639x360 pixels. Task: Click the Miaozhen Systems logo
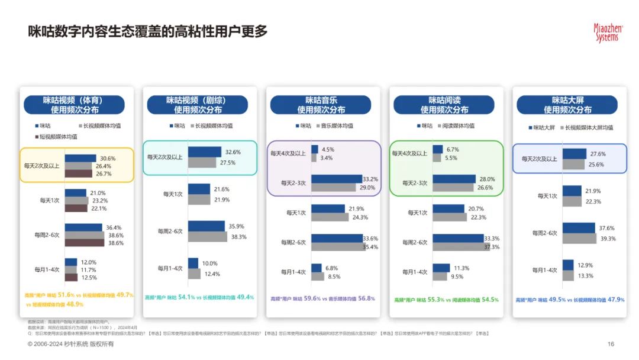[x=605, y=32]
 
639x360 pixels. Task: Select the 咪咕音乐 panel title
[x=321, y=105]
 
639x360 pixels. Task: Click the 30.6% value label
[x=107, y=158]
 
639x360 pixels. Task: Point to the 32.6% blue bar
[x=205, y=152]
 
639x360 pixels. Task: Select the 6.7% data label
[x=453, y=149]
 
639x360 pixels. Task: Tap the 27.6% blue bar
[x=574, y=154]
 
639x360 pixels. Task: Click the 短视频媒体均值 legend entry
[x=55, y=137]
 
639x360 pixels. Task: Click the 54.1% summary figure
[x=188, y=297]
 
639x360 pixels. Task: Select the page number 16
[x=611, y=344]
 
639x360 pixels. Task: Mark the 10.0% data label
[x=210, y=263]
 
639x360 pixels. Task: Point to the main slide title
[x=148, y=32]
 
